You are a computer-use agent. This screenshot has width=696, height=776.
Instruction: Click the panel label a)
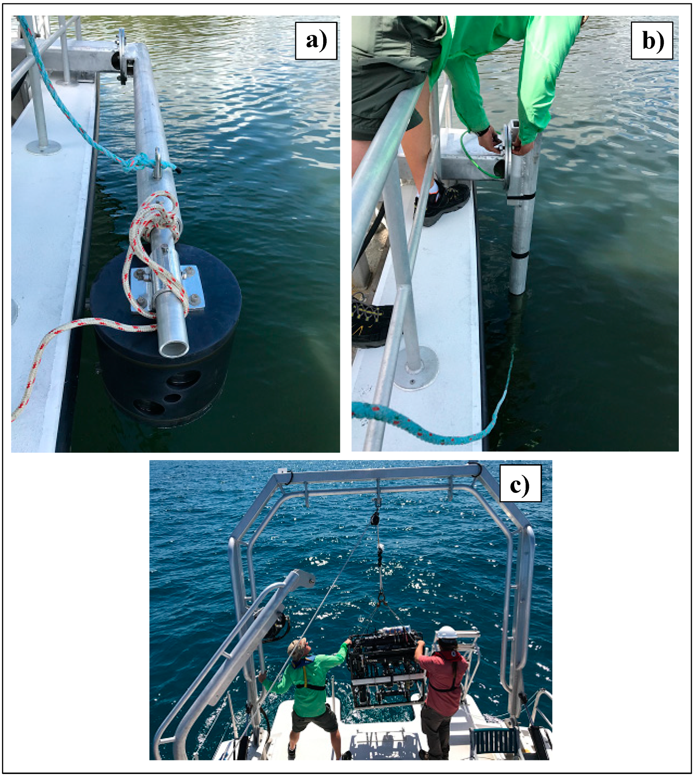coord(316,41)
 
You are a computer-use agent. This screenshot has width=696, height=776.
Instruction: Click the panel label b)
coord(652,41)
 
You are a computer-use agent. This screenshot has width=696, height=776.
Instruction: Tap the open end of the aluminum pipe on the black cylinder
coord(175,348)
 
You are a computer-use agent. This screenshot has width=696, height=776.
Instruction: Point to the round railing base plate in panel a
coord(43,147)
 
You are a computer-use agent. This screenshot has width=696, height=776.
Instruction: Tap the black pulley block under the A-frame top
coord(374,518)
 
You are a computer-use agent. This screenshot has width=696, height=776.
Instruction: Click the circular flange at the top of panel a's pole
coord(122,57)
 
